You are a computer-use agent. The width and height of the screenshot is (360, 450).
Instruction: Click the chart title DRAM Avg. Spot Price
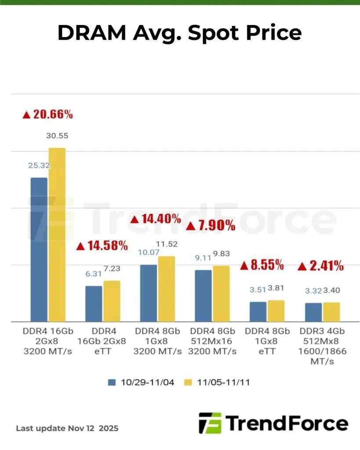pos(180,33)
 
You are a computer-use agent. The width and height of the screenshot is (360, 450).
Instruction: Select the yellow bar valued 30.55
pos(57,234)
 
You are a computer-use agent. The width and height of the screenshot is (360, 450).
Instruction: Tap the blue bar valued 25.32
pos(39,249)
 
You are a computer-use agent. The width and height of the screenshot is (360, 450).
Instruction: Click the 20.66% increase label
pos(47,115)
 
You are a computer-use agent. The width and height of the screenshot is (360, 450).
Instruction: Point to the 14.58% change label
pos(102,245)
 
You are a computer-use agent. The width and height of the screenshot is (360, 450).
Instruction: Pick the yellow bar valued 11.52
pos(167,289)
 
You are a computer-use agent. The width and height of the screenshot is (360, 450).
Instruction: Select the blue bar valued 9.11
pos(203,295)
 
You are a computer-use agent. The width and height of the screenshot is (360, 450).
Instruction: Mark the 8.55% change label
pos(262,265)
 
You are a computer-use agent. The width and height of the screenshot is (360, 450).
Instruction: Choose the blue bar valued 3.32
pos(313,312)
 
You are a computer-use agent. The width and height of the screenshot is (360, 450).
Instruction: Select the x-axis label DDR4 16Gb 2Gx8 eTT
pos(103,341)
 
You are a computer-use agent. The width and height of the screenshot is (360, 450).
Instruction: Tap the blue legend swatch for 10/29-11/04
pos(112,382)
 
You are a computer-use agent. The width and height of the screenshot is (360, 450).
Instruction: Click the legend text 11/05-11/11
pos(224,382)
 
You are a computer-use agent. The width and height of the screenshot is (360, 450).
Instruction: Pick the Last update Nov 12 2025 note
pos(67,428)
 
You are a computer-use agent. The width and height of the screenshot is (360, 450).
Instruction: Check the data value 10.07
pos(148,253)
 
